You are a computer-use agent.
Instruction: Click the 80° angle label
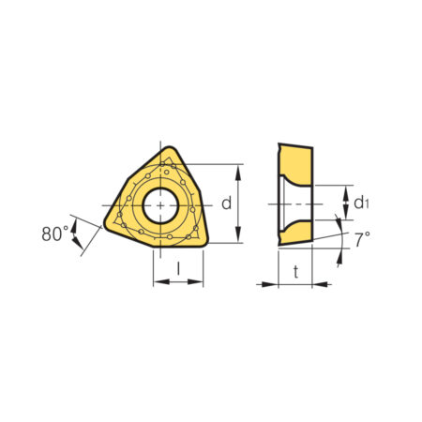pyautogui.click(x=55, y=234)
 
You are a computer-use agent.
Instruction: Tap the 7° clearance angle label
pyautogui.click(x=362, y=239)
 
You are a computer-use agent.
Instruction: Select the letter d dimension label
pyautogui.click(x=227, y=203)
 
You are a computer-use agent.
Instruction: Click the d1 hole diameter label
pyautogui.click(x=361, y=203)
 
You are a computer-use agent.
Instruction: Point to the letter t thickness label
pyautogui.click(x=295, y=271)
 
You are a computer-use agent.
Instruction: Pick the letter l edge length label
pyautogui.click(x=178, y=268)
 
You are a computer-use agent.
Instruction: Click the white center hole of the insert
pyautogui.click(x=160, y=205)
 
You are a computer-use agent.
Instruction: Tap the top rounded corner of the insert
pyautogui.click(x=170, y=149)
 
